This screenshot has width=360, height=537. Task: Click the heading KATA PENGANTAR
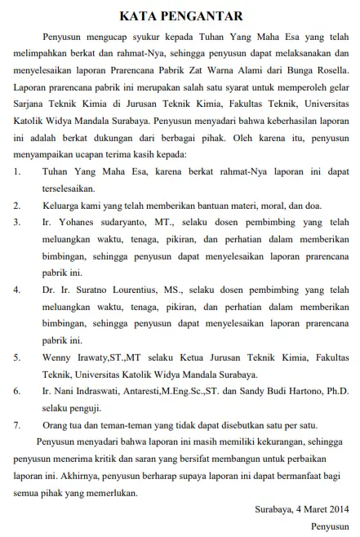(x=179, y=15)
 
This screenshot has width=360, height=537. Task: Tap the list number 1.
(x=18, y=171)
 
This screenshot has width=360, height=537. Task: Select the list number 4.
(x=18, y=289)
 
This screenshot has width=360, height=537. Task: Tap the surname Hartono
(x=299, y=391)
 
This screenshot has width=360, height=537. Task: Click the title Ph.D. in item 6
(x=336, y=391)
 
